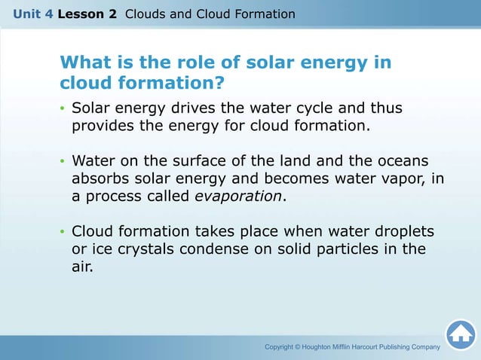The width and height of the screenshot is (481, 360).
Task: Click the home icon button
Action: click(460, 335)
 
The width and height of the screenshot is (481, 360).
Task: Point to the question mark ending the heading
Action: click(221, 81)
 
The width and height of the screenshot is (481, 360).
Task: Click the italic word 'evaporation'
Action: click(237, 197)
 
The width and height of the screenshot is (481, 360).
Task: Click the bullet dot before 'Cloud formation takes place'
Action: click(63, 232)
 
